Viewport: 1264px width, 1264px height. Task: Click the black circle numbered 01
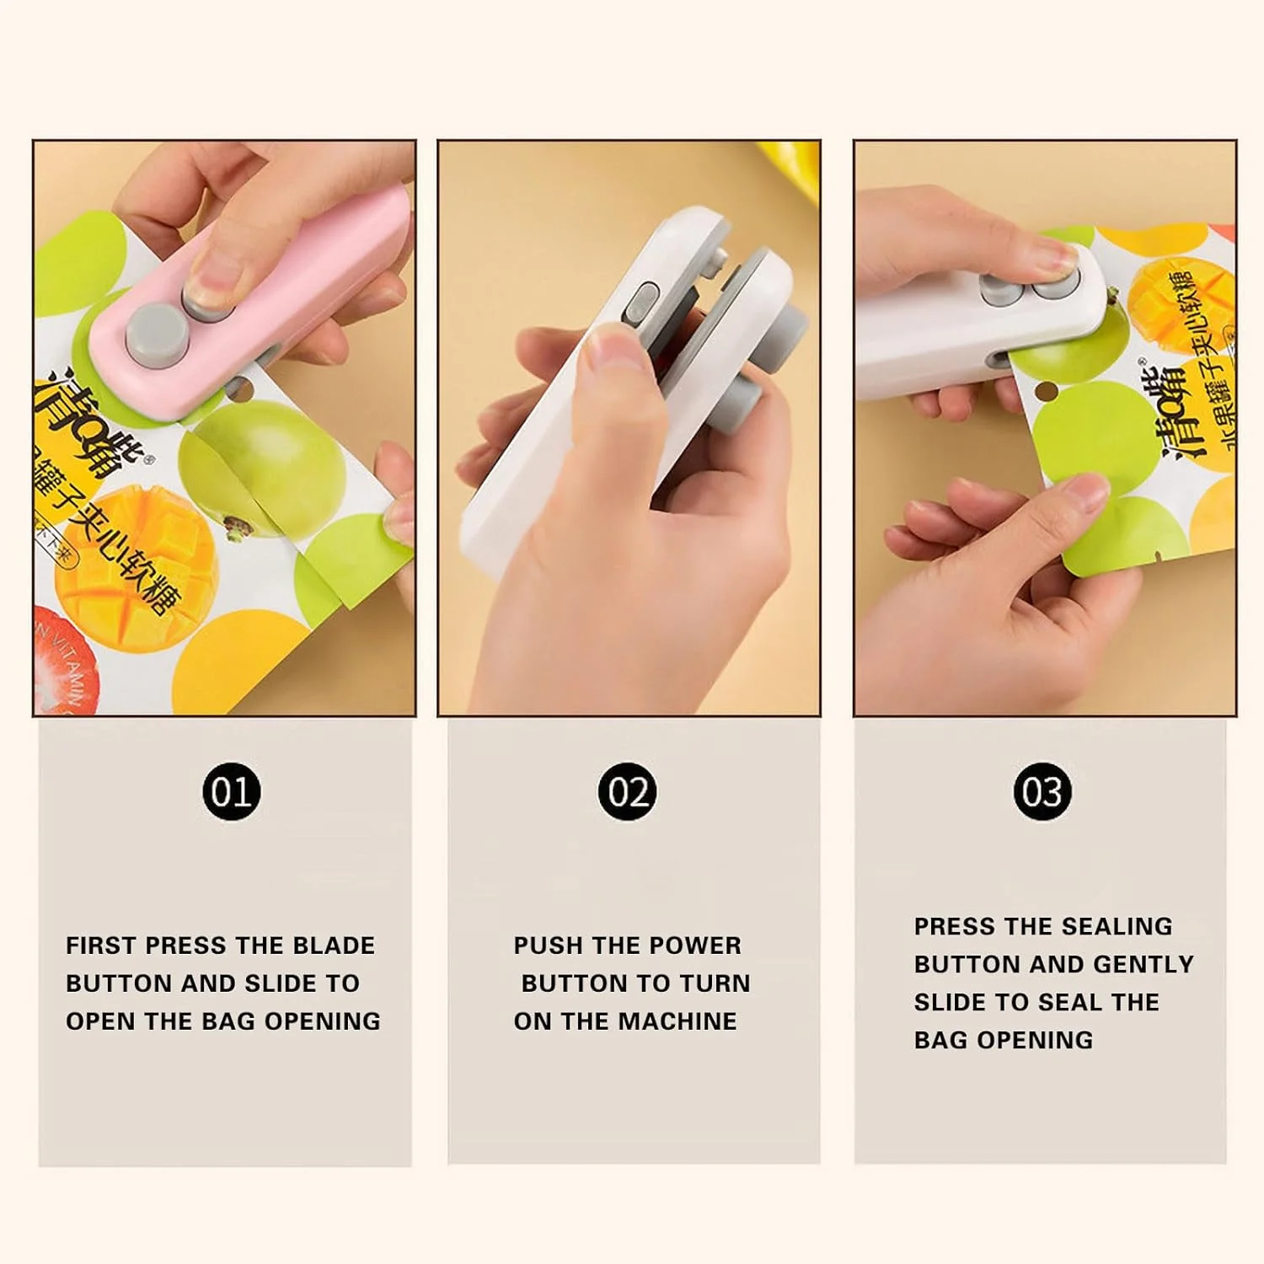pyautogui.click(x=231, y=792)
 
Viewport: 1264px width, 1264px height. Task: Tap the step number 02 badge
pyautogui.click(x=627, y=792)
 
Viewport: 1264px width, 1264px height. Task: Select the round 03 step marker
pyautogui.click(x=1042, y=792)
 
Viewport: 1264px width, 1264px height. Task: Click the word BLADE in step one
pyautogui.click(x=334, y=945)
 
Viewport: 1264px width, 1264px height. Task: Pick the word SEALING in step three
pyautogui.click(x=1117, y=926)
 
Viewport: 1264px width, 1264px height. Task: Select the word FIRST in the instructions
pyautogui.click(x=101, y=945)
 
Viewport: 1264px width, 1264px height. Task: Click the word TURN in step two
pyautogui.click(x=715, y=983)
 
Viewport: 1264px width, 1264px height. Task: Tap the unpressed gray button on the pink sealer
pyautogui.click(x=153, y=334)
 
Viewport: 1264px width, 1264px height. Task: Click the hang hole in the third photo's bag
pyautogui.click(x=1046, y=392)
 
